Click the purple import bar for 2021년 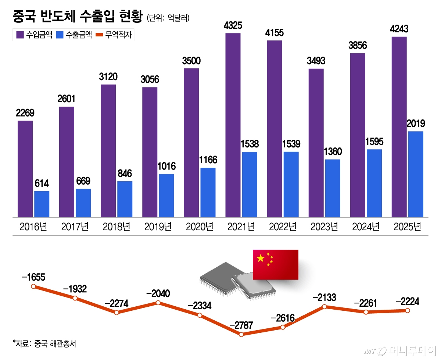coord(233,125)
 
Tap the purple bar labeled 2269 coord(25,169)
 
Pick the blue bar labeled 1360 coord(333,188)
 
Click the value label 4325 coord(233,26)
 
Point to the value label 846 coord(125,174)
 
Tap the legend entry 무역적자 coord(114,35)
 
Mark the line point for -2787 coord(241,334)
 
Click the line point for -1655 coord(33,286)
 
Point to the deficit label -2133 coord(324,297)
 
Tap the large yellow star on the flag coord(261,259)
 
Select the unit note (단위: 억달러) coord(168,18)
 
